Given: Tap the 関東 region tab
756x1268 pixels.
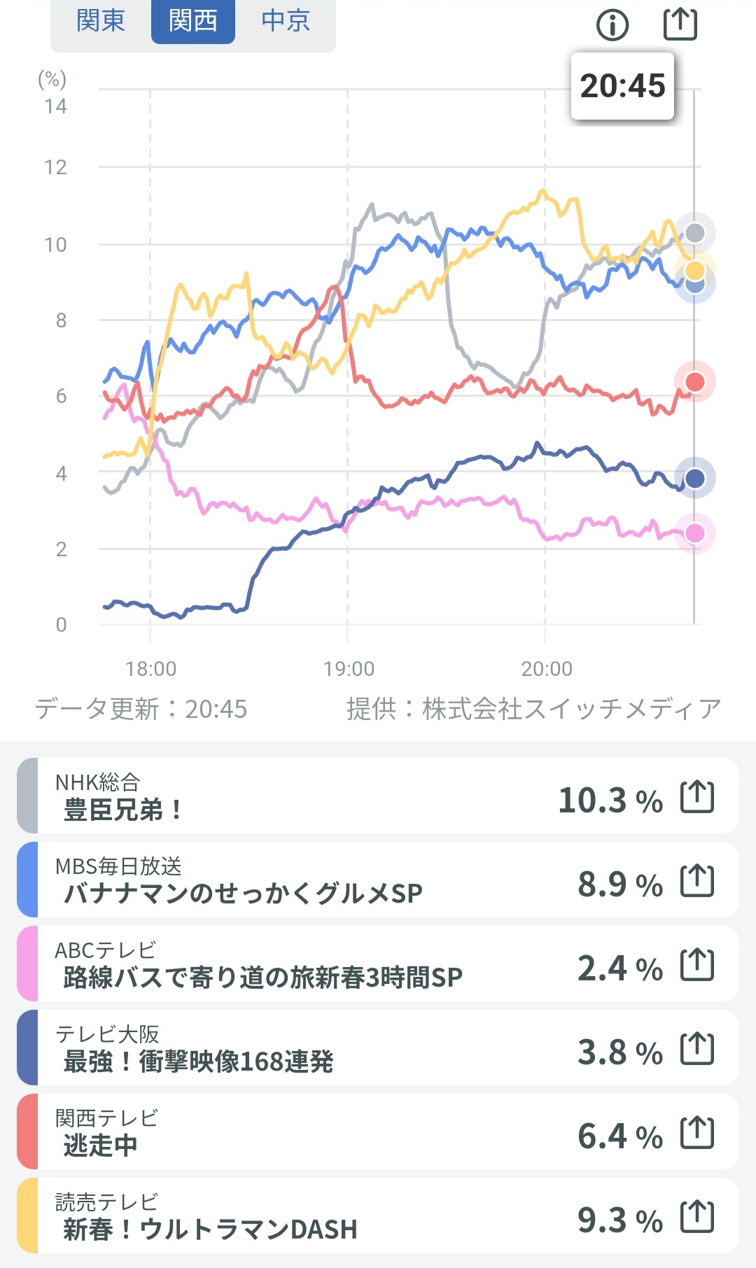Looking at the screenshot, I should point(101,21).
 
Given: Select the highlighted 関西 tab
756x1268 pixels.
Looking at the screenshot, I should point(193,21).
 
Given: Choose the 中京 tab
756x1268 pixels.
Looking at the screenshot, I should point(286,21).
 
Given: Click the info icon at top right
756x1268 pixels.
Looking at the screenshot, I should point(612,25).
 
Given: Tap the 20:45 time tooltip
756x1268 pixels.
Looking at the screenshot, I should point(622,86).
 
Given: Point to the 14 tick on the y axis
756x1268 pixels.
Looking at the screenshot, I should point(55,106).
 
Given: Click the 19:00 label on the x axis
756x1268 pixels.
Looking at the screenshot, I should point(349,669).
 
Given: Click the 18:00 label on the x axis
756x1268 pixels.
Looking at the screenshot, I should point(150,669).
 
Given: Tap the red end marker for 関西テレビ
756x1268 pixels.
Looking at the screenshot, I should point(694,382).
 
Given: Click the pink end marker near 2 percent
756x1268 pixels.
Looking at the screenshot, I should point(694,533).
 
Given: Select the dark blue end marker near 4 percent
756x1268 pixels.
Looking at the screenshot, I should point(694,478).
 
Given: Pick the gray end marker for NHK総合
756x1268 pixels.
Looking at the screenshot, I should point(694,232).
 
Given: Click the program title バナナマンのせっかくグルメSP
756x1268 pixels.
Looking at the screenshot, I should point(243,894).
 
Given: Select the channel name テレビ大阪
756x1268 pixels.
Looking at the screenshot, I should point(107,1034).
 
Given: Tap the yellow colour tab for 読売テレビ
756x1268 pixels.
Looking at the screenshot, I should point(27,1216).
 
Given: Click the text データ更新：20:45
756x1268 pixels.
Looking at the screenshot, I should point(141,709).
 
